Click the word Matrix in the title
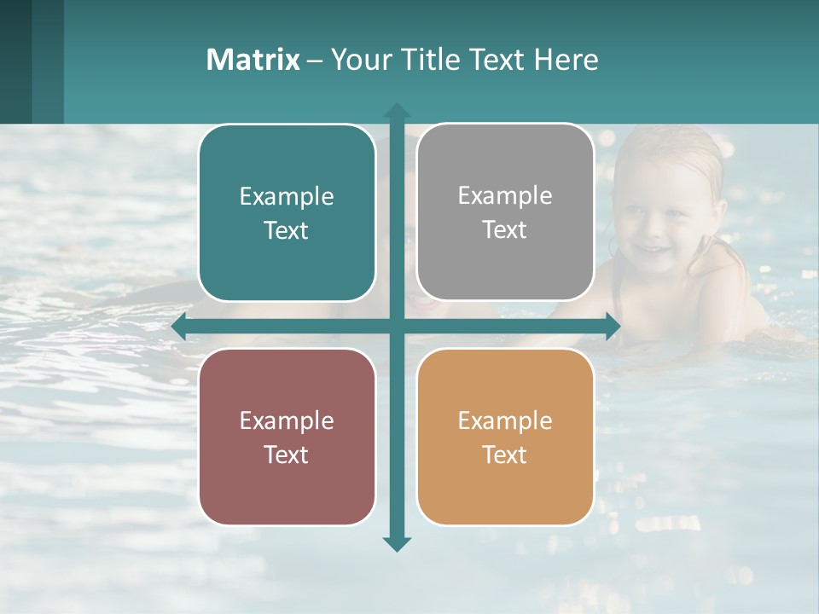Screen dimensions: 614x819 click(253, 60)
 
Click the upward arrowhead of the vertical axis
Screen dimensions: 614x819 click(396, 111)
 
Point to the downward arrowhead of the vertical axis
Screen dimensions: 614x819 click(396, 543)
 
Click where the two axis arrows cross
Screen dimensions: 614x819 click(396, 326)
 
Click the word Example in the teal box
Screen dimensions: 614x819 click(287, 197)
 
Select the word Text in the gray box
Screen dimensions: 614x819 click(505, 230)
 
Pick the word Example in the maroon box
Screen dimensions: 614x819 click(287, 421)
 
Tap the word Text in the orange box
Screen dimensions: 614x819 click(505, 455)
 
